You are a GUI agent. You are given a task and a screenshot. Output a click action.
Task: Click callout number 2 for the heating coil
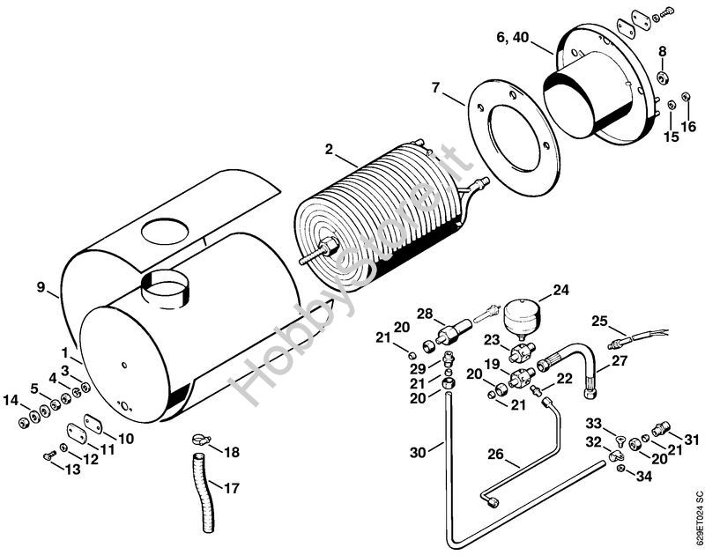tap(330, 150)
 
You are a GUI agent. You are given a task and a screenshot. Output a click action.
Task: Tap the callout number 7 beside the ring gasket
tap(435, 87)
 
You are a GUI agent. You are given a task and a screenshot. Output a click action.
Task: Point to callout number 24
tap(560, 289)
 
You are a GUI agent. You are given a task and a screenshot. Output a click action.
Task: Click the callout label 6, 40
tap(514, 37)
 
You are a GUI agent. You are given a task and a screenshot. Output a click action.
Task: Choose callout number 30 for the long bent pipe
tap(418, 452)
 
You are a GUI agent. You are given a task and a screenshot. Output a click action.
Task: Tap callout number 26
tap(496, 455)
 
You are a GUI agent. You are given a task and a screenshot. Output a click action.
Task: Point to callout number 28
tap(425, 314)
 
